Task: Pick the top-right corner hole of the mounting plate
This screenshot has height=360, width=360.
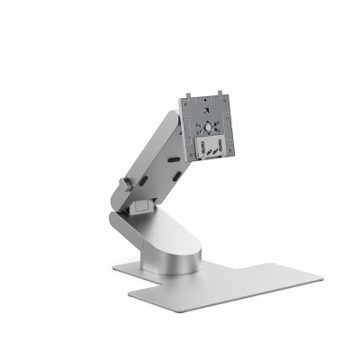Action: tap(225, 94)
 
